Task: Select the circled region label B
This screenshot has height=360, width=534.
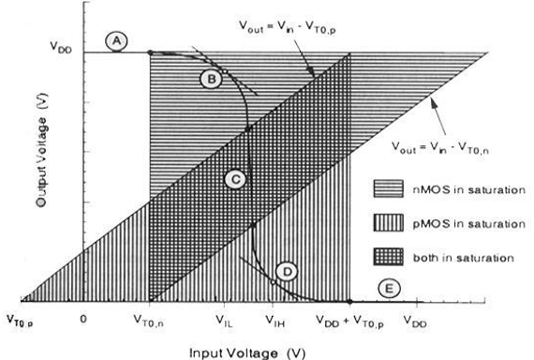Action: [212, 80]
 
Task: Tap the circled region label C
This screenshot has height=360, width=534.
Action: [236, 178]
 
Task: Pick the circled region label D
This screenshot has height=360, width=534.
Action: [288, 271]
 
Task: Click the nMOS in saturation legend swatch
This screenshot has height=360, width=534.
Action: [393, 189]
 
